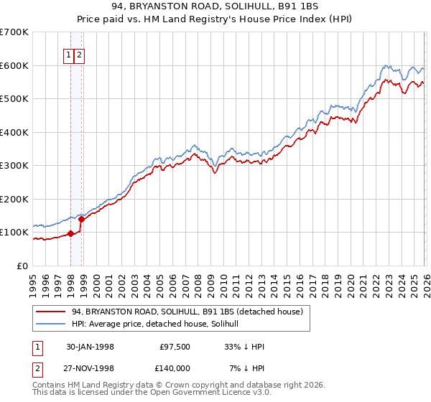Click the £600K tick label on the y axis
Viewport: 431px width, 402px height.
click(14, 65)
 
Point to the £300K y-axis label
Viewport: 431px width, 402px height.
click(14, 165)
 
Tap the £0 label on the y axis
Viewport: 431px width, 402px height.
click(23, 266)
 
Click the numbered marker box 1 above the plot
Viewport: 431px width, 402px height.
click(69, 55)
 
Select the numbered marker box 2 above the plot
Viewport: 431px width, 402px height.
click(79, 55)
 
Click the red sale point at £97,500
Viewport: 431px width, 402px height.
click(71, 233)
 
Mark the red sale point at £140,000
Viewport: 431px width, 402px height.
click(82, 219)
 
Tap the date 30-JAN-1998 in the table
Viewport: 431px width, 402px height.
click(89, 346)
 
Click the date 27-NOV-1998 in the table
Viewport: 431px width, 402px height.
click(89, 368)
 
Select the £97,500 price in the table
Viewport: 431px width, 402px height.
click(175, 346)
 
